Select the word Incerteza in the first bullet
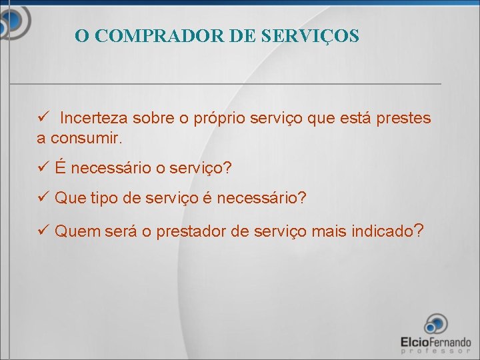tap(94, 119)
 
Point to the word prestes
tap(403, 119)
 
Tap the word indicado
tap(380, 232)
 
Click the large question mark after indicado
tap(418, 231)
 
